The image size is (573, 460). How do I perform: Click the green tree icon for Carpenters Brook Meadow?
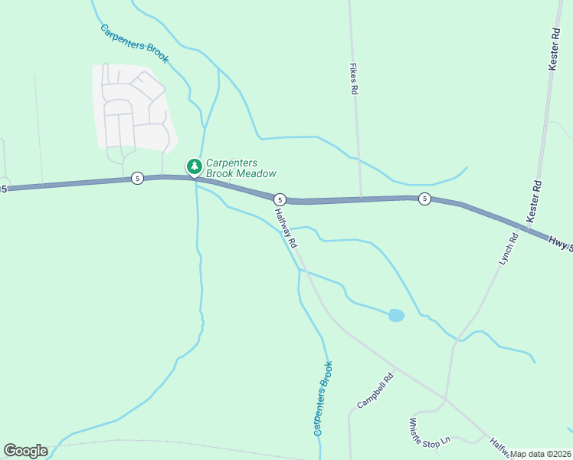195,166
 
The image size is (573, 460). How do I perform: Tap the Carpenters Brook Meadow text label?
241,168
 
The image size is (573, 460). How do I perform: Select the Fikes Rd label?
354,79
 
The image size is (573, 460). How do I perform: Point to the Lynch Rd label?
509,249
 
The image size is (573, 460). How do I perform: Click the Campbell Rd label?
375,390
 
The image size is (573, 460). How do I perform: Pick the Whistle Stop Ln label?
429,432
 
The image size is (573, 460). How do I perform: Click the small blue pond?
396,315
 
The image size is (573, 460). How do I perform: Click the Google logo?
25,450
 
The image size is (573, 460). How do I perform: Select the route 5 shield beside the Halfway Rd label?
280,198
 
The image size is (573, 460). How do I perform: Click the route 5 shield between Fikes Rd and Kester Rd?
424,199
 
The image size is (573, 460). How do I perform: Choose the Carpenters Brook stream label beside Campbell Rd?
323,399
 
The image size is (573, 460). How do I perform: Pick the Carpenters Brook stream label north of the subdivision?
134,44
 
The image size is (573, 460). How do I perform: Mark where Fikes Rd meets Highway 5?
360,199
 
